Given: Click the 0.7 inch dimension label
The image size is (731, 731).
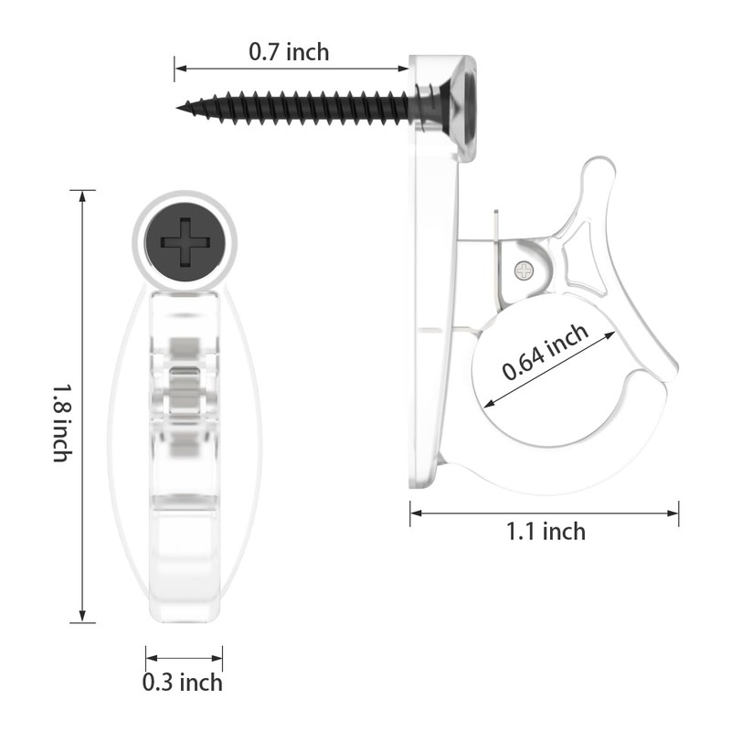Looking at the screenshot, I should pyautogui.click(x=289, y=52).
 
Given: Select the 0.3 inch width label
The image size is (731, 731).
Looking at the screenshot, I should pyautogui.click(x=183, y=682).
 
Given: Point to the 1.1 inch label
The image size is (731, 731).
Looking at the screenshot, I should pyautogui.click(x=546, y=531).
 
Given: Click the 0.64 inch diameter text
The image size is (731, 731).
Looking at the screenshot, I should pyautogui.click(x=546, y=354).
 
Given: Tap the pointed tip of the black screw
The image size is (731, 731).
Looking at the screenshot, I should pyautogui.click(x=181, y=108).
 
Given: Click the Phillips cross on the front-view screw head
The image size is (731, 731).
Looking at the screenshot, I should pyautogui.click(x=185, y=242).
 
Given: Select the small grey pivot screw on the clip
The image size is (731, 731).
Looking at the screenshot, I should pyautogui.click(x=524, y=270).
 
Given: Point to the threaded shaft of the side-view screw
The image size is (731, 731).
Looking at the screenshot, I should pyautogui.click(x=302, y=108).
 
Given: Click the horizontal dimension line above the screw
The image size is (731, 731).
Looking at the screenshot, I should pyautogui.click(x=292, y=69).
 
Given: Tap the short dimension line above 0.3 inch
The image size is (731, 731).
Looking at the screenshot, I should pyautogui.click(x=184, y=656).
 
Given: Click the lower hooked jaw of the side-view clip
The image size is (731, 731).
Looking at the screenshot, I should pyautogui.click(x=585, y=466).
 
